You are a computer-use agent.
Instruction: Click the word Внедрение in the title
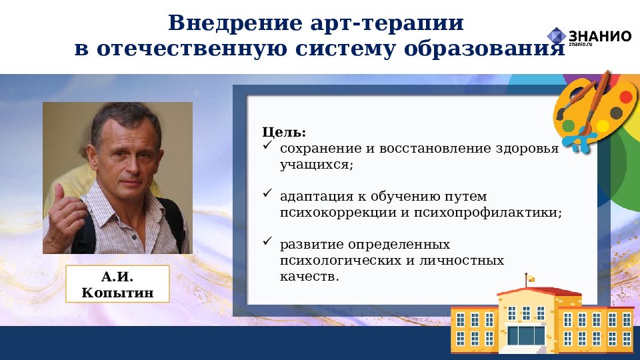click(x=225, y=23)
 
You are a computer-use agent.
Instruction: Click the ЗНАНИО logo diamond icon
click(x=556, y=36)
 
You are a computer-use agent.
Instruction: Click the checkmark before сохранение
click(x=267, y=146)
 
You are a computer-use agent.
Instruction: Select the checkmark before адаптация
click(x=267, y=195)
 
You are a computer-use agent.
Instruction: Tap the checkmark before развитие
click(x=267, y=243)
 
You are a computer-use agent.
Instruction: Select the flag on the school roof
click(x=531, y=276)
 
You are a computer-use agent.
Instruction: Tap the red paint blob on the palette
click(x=625, y=97)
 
